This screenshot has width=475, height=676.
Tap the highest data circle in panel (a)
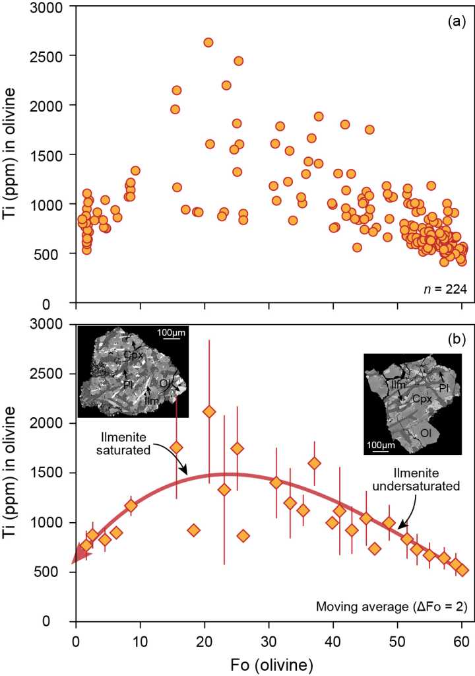point(208,42)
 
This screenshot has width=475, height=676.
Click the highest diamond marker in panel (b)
point(209,412)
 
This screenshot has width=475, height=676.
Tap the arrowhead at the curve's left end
point(77,558)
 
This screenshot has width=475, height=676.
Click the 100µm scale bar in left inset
point(173,336)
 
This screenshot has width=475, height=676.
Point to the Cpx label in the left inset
point(135,355)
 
